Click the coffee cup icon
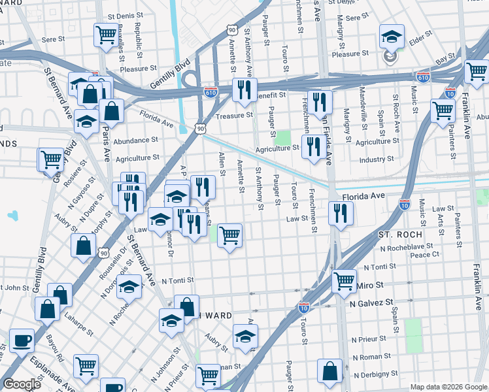(22, 340)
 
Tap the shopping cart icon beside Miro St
(344, 281)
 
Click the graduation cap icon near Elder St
(392, 36)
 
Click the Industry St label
(377, 159)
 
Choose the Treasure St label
(235, 115)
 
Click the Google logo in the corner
(22, 384)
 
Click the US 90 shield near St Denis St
(232, 29)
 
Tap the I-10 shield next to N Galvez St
(303, 306)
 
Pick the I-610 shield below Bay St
(423, 76)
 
